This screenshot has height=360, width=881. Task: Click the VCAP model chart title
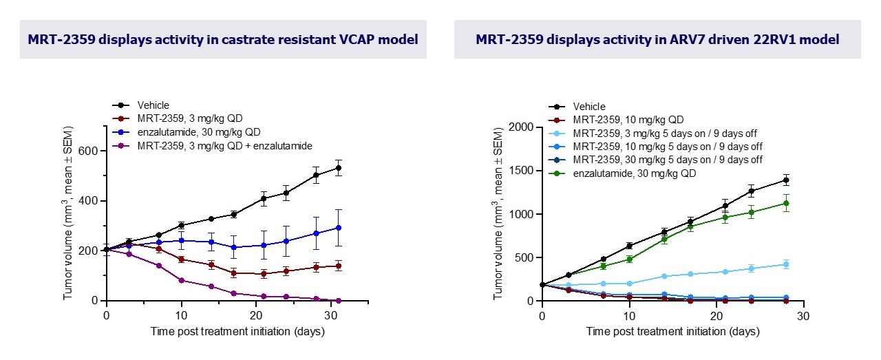point(223,39)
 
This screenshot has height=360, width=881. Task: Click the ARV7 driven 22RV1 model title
point(657,39)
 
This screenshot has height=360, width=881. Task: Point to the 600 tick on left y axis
point(90,151)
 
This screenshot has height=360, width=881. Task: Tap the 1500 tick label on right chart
point(524,171)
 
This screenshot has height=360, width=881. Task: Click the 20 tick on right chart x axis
point(715,315)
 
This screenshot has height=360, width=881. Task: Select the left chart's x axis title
point(238,331)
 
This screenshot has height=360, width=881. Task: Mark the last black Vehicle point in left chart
point(339,167)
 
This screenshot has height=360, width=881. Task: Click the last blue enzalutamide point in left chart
point(339,227)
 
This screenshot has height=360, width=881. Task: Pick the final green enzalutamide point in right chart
point(786,203)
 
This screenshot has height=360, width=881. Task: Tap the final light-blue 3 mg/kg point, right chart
point(786,264)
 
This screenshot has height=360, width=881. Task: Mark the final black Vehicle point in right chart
point(786,180)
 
